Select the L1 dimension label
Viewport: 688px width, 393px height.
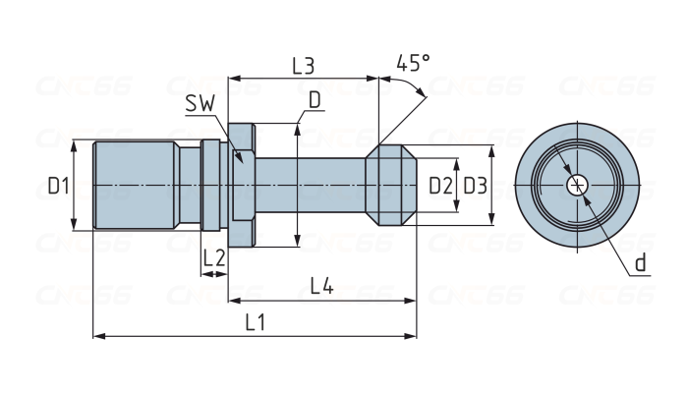256,321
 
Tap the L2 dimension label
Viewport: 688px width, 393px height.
214,258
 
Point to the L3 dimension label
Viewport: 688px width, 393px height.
303,66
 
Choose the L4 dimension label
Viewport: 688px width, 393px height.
321,286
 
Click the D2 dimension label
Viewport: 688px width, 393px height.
441,185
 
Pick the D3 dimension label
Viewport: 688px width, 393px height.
475,185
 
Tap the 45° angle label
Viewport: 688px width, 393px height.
413,64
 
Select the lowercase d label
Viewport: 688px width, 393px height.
640,262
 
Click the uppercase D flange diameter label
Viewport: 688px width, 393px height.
315,99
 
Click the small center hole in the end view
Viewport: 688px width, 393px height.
578,185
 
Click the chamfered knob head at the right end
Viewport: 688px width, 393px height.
391,185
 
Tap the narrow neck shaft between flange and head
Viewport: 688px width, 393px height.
310,185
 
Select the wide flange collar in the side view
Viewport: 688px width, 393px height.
243,185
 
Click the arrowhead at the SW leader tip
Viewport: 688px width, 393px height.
239,157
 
